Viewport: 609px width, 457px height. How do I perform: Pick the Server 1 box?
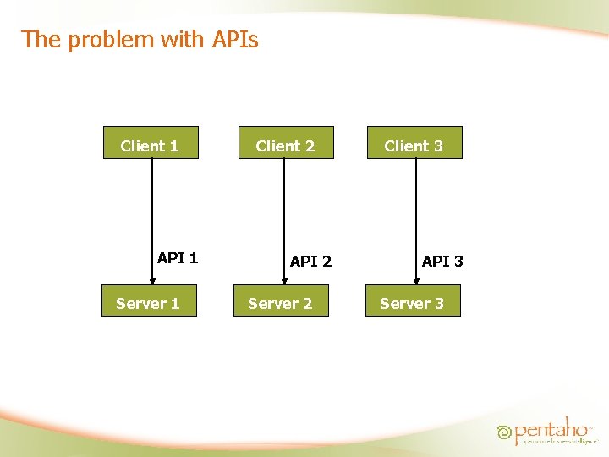point(149,301)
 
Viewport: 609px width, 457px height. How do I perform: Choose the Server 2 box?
point(281,301)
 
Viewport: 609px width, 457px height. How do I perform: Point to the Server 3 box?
point(413,301)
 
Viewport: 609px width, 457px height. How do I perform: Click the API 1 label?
point(178,258)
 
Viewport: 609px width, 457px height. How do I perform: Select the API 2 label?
point(310,262)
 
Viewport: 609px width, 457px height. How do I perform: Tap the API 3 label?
point(442,262)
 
